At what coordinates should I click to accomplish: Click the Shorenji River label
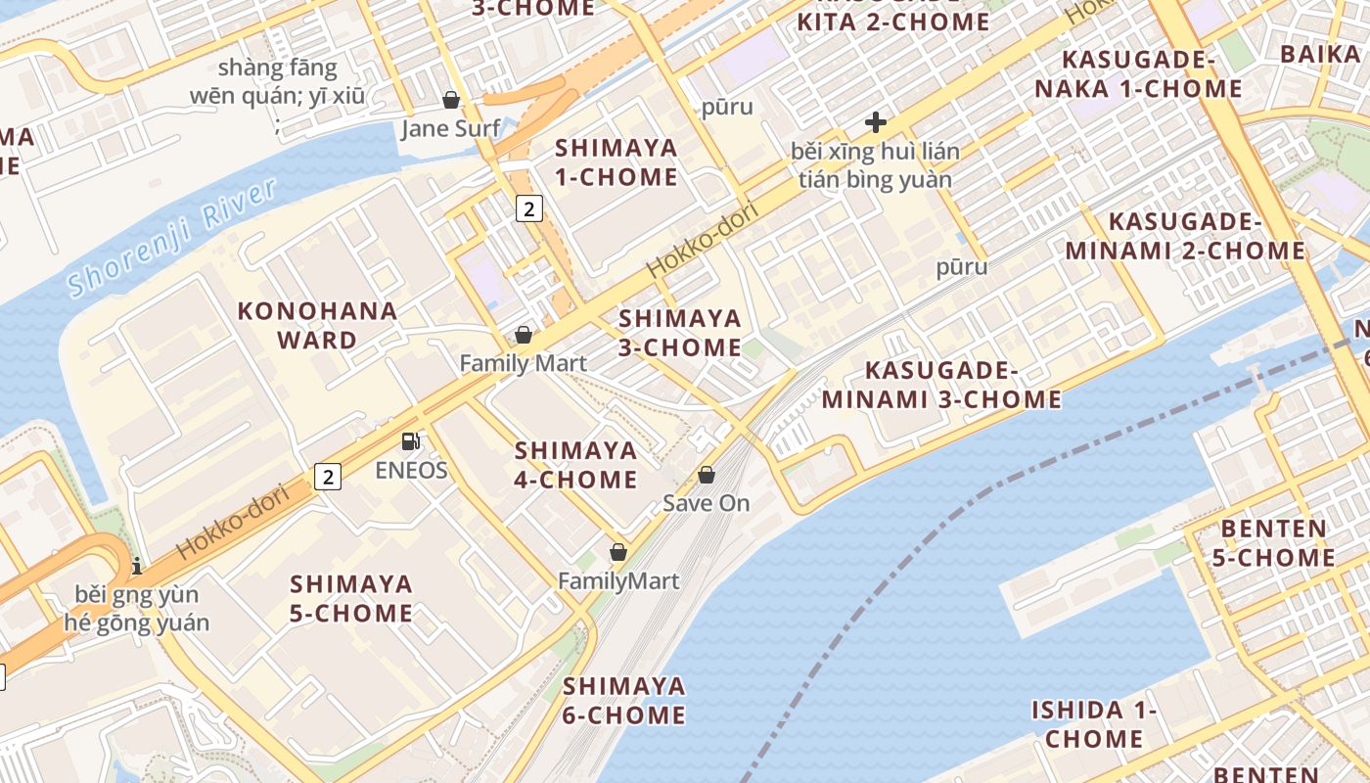173,238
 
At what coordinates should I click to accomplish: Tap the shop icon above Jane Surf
451,100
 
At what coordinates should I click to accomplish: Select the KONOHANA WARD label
317,326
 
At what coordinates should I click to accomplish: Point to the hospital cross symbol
876,123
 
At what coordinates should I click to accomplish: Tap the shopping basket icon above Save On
707,475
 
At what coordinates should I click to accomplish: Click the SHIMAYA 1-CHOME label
616,162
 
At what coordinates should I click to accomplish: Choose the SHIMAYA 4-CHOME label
575,465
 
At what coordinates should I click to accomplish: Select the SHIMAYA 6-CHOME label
623,700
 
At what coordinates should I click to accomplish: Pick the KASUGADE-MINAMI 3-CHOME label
941,385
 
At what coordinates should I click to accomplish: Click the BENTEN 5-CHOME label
1277,543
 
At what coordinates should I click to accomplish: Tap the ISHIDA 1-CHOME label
1094,724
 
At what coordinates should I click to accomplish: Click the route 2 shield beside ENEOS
328,477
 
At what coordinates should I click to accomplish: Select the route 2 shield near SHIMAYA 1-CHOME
528,207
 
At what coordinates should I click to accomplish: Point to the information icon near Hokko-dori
137,566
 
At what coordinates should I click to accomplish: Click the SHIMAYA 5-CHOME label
351,598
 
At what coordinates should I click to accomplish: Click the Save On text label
707,503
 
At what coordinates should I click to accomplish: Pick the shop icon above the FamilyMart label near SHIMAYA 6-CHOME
617,552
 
